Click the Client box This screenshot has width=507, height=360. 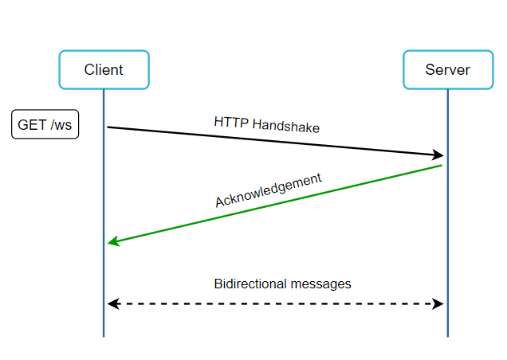pos(104,69)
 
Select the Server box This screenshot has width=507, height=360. pos(448,69)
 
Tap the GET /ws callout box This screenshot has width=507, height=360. pos(45,124)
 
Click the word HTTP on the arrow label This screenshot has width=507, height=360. pos(231,123)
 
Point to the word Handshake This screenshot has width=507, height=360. pos(286,126)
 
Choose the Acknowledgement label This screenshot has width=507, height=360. pos(269,190)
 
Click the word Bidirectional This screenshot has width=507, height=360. pos(250,284)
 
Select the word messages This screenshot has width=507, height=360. pos(320,284)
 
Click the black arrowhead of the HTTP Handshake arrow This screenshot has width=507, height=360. pos(438,155)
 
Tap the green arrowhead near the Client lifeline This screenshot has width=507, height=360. pos(114,241)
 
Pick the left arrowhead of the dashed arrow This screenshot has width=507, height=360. pos(113,303)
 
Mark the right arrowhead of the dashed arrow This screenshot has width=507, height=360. pos(438,303)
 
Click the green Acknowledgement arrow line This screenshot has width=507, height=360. pos(275,204)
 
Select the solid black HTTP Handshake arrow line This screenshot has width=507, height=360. pos(276,141)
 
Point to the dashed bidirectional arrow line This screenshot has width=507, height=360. pos(276,303)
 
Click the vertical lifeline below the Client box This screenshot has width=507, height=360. pos(104,213)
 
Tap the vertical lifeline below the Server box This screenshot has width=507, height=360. pos(448,213)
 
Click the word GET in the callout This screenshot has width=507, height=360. pos(33,125)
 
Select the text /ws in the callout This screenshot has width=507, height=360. pos(61,125)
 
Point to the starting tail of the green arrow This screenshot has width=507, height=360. pos(442,166)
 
